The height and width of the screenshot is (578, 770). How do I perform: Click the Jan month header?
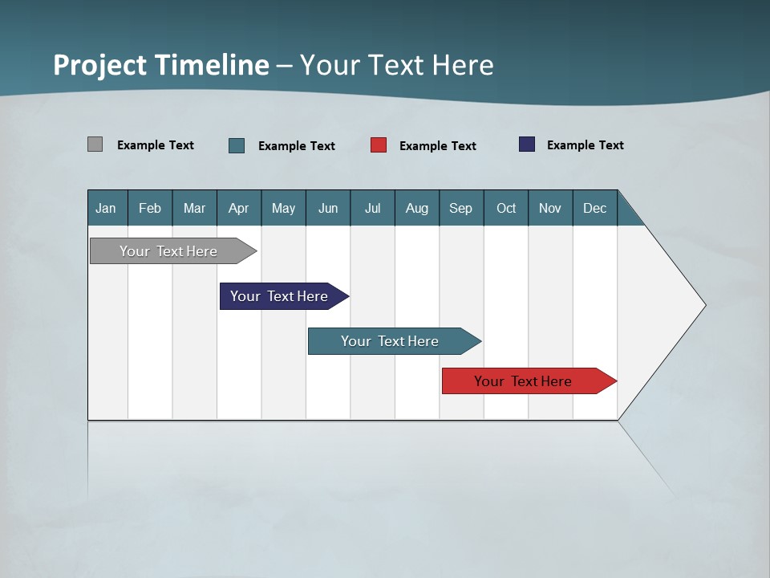(x=106, y=209)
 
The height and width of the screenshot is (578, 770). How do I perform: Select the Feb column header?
(x=150, y=209)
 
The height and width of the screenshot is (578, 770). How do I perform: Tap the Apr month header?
(x=238, y=209)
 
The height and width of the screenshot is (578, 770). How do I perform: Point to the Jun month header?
(x=328, y=209)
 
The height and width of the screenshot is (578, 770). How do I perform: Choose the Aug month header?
(x=416, y=209)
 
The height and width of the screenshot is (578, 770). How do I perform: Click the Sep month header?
(x=460, y=209)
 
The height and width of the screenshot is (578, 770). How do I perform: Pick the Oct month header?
(x=506, y=209)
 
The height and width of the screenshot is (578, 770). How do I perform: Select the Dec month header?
(x=594, y=209)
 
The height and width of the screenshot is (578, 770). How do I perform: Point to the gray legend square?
(x=95, y=144)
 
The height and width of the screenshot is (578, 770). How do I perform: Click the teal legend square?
(x=237, y=145)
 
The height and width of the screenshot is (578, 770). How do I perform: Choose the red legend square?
(x=379, y=145)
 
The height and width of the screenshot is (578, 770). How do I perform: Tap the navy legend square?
(x=527, y=144)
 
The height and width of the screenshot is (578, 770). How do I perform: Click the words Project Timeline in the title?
(x=161, y=65)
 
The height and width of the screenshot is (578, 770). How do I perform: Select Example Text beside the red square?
(x=437, y=146)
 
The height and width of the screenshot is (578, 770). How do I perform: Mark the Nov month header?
(x=550, y=209)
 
